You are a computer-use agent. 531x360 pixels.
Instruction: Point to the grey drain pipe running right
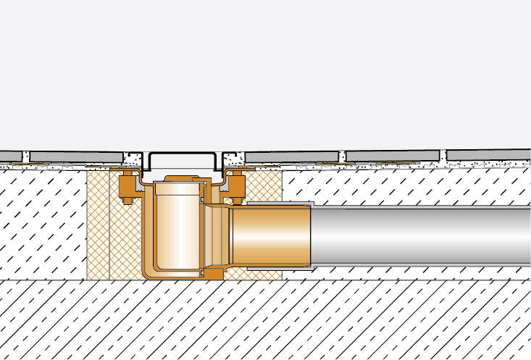(x=420, y=236)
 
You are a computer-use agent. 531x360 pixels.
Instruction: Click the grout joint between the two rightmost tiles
(x=443, y=156)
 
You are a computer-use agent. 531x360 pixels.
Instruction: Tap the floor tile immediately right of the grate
(x=293, y=156)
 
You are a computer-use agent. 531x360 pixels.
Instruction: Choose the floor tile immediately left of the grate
(x=76, y=156)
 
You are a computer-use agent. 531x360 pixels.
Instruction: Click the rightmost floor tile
(x=488, y=155)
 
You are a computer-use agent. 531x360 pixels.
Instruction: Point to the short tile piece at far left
(x=9, y=156)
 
